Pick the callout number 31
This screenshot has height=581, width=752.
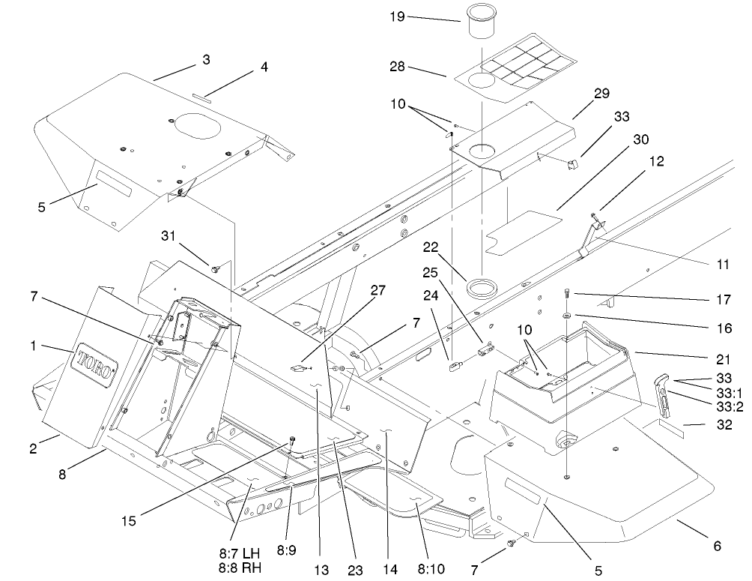(x=169, y=236)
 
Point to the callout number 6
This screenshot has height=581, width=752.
(x=717, y=547)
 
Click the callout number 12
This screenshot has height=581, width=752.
(x=655, y=160)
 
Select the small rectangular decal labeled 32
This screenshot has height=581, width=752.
(x=672, y=427)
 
